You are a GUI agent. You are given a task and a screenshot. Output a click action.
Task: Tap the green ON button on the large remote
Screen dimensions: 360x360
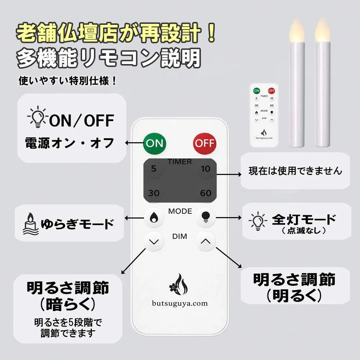(154, 144)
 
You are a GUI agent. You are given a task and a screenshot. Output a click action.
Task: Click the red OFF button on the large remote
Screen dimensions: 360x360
(204, 144)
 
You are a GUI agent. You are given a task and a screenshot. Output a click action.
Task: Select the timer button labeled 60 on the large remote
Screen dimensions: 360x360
(206, 193)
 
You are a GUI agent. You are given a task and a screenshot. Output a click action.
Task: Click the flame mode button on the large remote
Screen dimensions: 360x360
(154, 217)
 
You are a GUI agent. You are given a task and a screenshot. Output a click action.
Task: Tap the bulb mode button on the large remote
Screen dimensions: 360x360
(206, 217)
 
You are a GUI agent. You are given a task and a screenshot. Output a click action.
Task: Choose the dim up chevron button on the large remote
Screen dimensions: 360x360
(206, 241)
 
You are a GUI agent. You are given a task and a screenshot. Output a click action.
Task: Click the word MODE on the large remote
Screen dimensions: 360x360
(180, 211)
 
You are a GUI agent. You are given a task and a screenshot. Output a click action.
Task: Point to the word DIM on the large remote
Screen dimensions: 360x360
(180, 236)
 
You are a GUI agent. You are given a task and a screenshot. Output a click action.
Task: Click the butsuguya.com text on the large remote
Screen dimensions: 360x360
(180, 303)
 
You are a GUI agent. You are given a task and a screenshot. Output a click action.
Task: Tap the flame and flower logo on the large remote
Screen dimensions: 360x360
(179, 284)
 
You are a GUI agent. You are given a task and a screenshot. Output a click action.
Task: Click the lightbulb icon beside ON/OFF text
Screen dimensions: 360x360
(38, 117)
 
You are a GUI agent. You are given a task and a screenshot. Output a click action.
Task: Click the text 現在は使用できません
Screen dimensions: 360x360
(296, 171)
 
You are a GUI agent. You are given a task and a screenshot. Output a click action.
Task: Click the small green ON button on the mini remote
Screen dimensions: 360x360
(256, 91)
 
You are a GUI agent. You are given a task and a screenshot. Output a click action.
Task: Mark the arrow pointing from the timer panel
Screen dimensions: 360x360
(229, 175)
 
